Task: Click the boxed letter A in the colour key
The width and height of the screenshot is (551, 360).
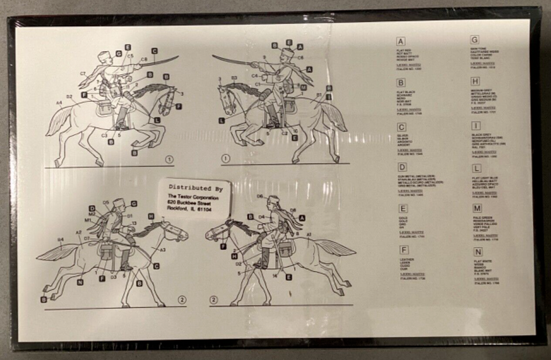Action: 401,41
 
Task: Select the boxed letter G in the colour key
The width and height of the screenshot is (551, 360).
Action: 475,40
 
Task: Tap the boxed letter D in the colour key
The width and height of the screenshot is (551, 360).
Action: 401,167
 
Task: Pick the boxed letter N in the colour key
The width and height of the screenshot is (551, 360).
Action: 478,251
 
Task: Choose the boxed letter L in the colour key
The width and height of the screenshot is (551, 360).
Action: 476,168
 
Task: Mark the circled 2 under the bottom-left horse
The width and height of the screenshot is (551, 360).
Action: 182,299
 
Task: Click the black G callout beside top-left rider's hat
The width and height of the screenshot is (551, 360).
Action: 118,53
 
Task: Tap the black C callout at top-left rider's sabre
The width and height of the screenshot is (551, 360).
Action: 154,51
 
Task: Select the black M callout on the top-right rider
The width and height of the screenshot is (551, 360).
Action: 303,87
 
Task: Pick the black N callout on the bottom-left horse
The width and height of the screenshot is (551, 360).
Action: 80,282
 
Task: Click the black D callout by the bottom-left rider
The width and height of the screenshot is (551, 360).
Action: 92,208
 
